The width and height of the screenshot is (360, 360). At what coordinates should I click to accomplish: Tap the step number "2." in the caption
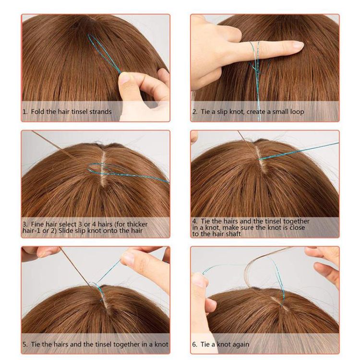(195, 112)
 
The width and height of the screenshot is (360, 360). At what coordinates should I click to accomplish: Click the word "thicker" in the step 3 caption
(137, 224)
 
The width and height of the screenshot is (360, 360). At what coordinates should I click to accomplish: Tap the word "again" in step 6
(240, 345)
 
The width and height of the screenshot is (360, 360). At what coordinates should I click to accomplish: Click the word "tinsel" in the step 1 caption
(79, 111)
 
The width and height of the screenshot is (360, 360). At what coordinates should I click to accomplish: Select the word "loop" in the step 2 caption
(297, 112)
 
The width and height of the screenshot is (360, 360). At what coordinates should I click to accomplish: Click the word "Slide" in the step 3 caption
(65, 230)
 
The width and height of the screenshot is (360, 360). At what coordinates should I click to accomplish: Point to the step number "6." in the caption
(195, 344)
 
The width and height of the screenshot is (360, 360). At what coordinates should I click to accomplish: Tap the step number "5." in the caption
(25, 344)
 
